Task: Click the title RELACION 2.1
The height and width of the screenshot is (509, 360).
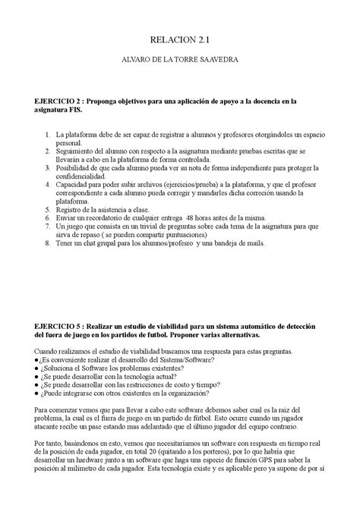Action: [x=180, y=44]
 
